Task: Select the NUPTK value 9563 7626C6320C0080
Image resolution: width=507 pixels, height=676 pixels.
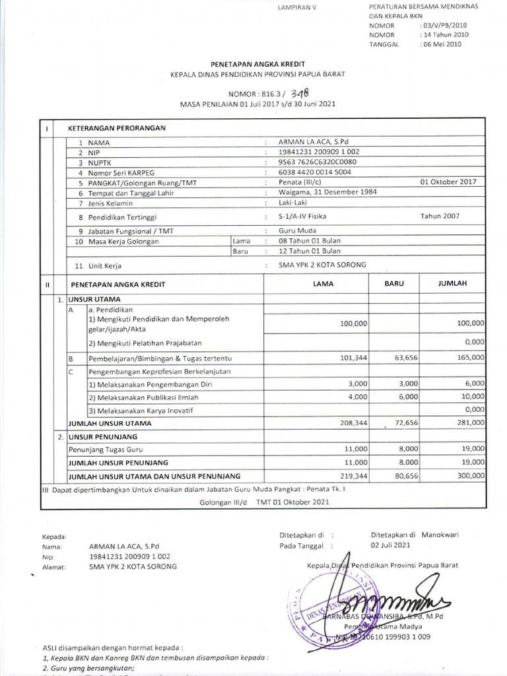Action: [x=318, y=161]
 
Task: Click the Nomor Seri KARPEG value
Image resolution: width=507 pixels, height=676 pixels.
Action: [x=315, y=172]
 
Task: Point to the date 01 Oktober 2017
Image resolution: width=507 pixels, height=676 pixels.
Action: [x=448, y=182]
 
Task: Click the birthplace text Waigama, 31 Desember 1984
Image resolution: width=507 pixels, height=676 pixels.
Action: [x=327, y=192]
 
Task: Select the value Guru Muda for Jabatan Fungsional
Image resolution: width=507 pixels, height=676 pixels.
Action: [x=297, y=230]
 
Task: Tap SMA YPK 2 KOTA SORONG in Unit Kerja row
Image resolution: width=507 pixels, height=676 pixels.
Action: [x=323, y=265]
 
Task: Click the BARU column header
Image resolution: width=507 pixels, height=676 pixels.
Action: [x=394, y=283]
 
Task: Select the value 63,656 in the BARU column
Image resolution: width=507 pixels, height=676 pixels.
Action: [x=404, y=358]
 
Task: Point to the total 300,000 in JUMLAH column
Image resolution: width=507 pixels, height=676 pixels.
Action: [x=469, y=475]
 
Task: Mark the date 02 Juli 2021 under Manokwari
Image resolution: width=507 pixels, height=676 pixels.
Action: [x=390, y=545]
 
